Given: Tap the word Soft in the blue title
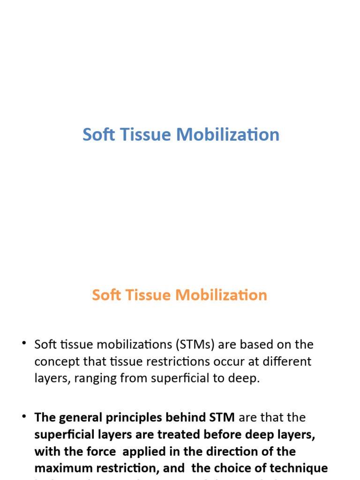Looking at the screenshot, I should pos(97,135).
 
